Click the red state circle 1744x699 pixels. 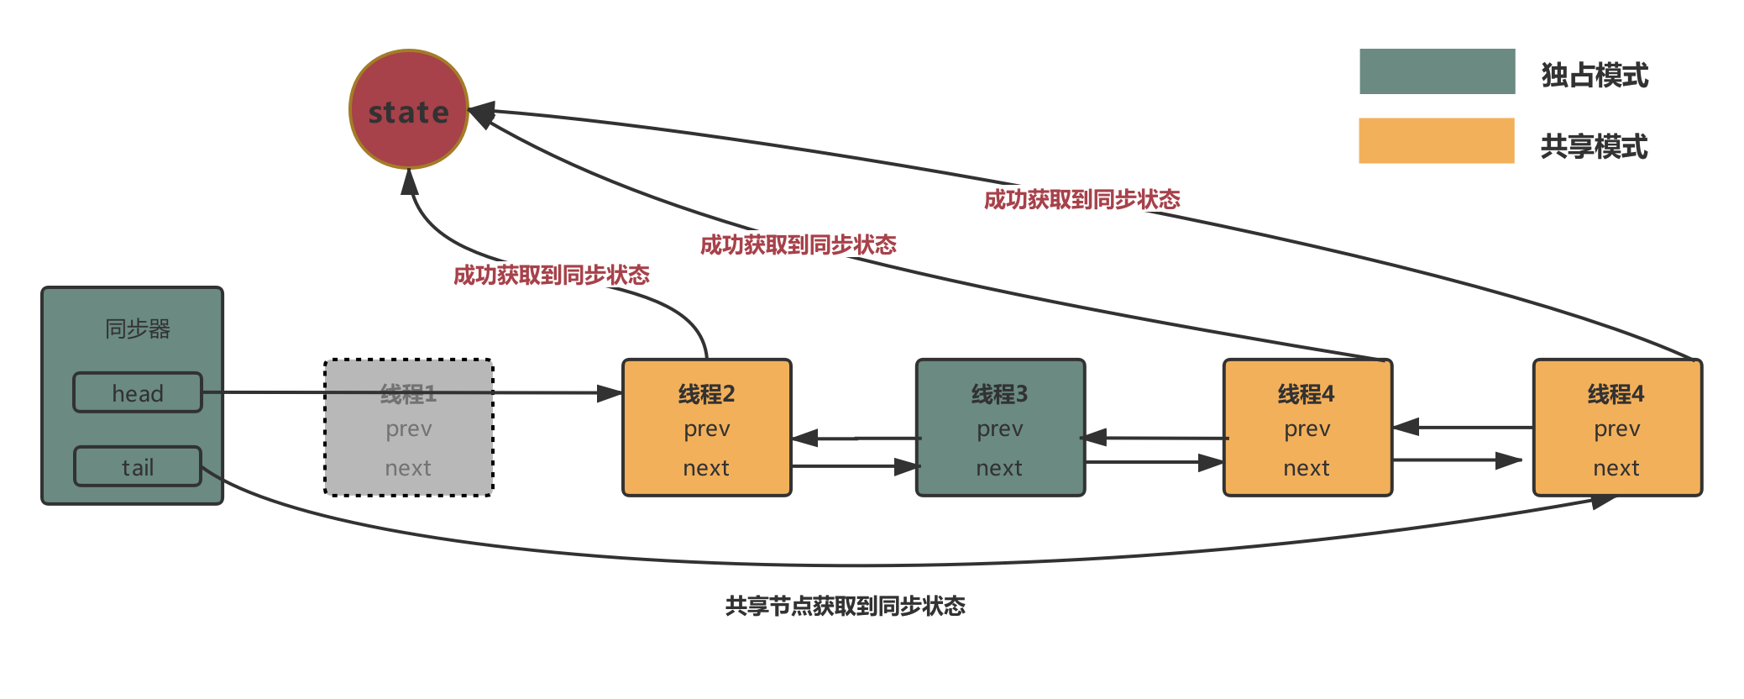[x=409, y=109]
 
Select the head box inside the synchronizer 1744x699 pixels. [x=138, y=392]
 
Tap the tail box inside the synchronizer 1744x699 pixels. [x=138, y=466]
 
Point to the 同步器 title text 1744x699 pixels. [x=138, y=328]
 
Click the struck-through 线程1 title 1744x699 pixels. [x=408, y=393]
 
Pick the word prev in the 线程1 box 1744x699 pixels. [x=409, y=429]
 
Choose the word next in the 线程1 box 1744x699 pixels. [x=408, y=468]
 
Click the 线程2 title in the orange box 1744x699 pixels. [x=706, y=393]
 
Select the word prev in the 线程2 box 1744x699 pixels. [x=707, y=429]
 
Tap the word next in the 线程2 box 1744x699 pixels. [x=706, y=468]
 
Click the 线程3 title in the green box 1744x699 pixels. [x=999, y=393]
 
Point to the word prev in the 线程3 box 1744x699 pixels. [x=1000, y=429]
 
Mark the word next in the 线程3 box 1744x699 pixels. [x=999, y=468]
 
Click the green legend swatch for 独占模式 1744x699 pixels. [x=1437, y=71]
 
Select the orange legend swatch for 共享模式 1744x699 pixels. [x=1436, y=140]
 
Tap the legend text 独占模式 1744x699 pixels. [x=1595, y=75]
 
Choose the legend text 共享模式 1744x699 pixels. [x=1594, y=146]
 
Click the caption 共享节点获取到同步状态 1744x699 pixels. [x=845, y=606]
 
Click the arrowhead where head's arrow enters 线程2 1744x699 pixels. [x=610, y=393]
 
